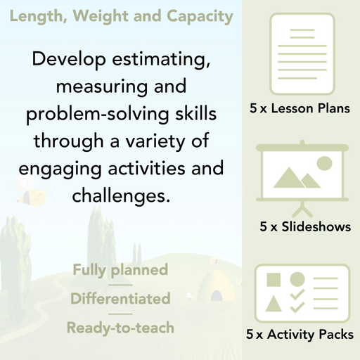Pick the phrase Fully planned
click(x=120, y=270)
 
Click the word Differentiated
click(x=120, y=299)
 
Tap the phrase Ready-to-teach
click(x=120, y=328)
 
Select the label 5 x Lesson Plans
click(x=300, y=110)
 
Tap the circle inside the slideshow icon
click(x=323, y=164)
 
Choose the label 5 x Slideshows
click(x=304, y=227)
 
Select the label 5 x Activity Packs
click(x=300, y=335)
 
